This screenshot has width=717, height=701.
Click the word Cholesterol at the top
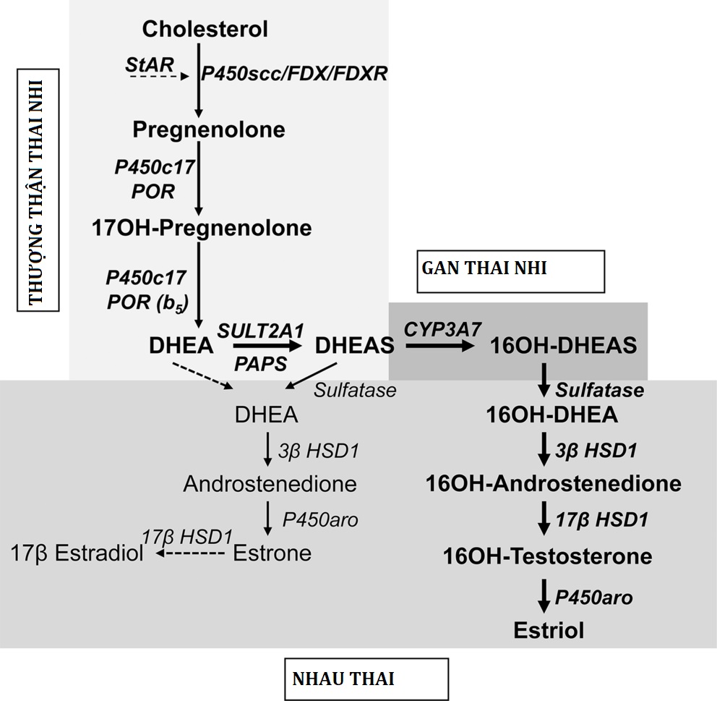205,30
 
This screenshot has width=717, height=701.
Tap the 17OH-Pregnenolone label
202,228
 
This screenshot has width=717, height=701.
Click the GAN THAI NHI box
510,271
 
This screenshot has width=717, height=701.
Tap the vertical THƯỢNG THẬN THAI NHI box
38,190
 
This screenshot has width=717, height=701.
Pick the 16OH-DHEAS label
564,346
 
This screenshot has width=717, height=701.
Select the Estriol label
549,630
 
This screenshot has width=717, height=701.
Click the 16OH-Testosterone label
548,556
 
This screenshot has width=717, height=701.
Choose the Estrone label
272,553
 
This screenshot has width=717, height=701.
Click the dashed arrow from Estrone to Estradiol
191,554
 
